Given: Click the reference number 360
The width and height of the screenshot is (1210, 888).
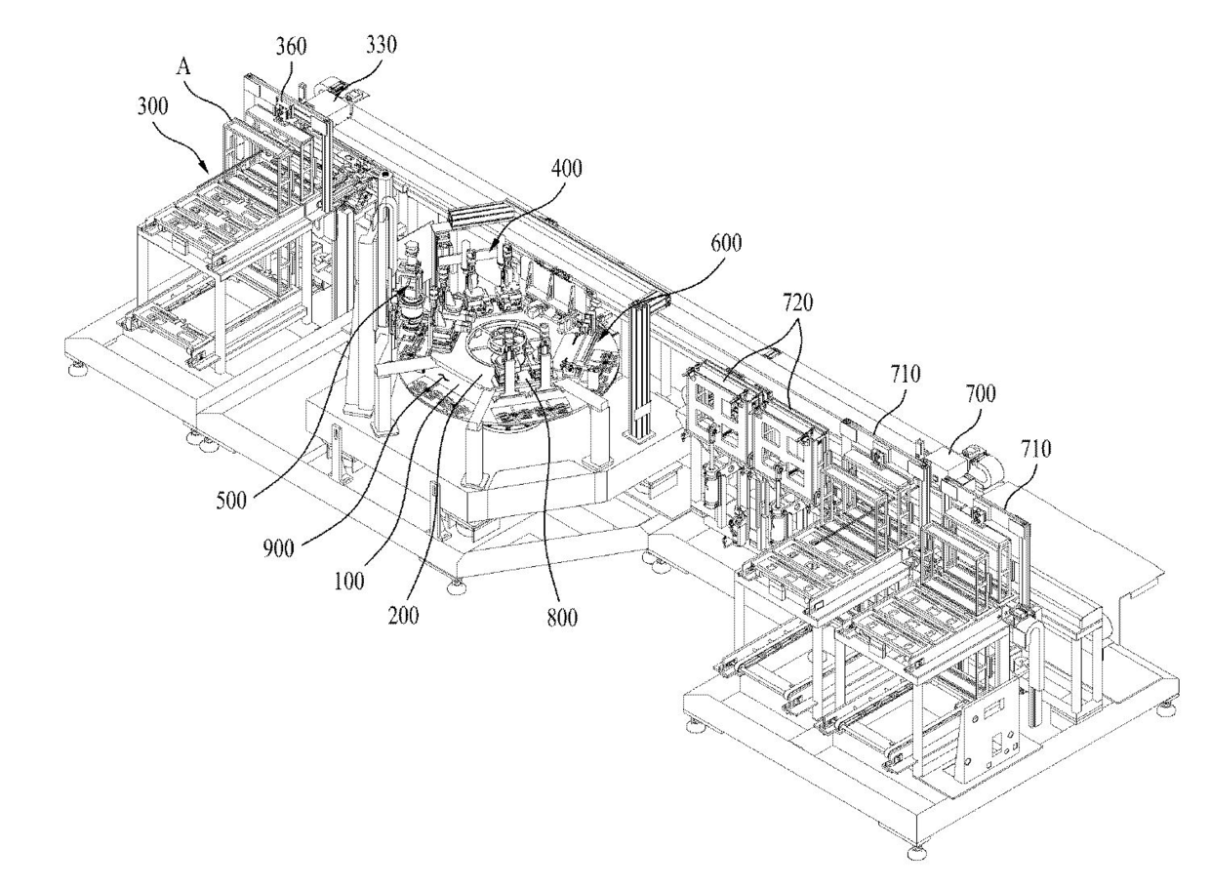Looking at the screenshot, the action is [x=291, y=47].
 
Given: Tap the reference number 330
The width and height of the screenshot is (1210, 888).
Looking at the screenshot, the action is [x=382, y=44].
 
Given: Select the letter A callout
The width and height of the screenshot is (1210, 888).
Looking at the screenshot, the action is [x=183, y=67].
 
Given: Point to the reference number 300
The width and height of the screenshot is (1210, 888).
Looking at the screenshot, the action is [x=153, y=105].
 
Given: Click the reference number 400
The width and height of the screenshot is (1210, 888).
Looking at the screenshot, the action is [x=567, y=169].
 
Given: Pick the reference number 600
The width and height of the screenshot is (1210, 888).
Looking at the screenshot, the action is [x=726, y=243].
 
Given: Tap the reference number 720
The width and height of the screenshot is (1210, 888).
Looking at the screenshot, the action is [x=798, y=303].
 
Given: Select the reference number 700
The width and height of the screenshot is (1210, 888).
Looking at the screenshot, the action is [x=981, y=393].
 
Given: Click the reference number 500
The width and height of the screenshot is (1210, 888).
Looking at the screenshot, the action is [x=231, y=501].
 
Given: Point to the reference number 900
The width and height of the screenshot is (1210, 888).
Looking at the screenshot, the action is [x=279, y=548].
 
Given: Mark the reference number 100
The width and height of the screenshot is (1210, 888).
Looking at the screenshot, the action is [x=349, y=582].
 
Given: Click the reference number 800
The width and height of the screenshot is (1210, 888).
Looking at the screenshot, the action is [x=562, y=618].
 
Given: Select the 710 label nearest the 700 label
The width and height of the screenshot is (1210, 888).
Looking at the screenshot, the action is [x=905, y=373].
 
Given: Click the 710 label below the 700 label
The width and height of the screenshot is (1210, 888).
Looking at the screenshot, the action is [x=1035, y=448].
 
